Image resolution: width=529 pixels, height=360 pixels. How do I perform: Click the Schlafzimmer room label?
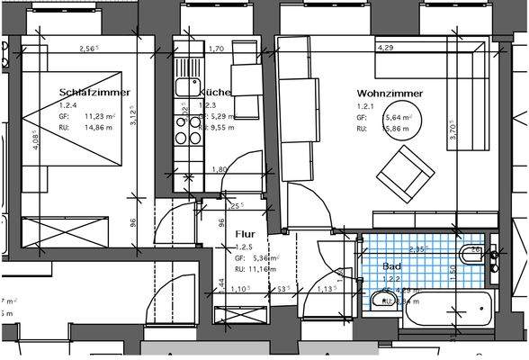94,93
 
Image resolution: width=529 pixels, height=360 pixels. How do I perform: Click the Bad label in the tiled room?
391,267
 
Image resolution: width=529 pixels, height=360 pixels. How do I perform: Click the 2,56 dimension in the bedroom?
88,48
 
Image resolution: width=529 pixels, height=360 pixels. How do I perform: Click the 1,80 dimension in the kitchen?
219,169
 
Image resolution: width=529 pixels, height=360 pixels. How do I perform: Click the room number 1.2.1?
364,105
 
